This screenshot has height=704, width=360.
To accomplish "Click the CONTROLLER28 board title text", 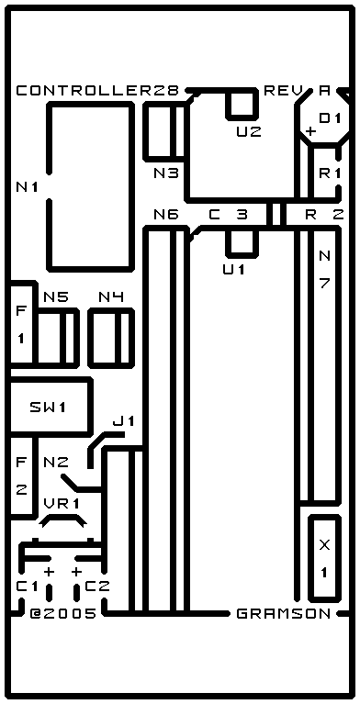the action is pyautogui.click(x=97, y=91).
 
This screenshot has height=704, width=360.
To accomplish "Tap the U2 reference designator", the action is pyautogui.click(x=249, y=132).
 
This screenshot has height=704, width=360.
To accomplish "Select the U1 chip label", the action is pyautogui.click(x=234, y=269).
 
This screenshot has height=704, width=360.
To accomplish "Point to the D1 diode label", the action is pyautogui.click(x=331, y=118).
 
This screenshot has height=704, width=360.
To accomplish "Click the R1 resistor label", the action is pyautogui.click(x=331, y=173).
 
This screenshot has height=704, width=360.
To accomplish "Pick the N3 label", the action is pyautogui.click(x=166, y=173).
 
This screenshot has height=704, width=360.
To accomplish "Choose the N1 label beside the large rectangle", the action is pyautogui.click(x=27, y=186).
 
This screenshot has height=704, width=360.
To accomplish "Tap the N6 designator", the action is pyautogui.click(x=166, y=215).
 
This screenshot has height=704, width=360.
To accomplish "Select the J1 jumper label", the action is pyautogui.click(x=124, y=421).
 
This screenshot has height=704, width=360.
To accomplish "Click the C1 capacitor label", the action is pyautogui.click(x=27, y=587).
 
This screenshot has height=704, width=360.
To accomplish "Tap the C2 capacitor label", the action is pyautogui.click(x=97, y=587).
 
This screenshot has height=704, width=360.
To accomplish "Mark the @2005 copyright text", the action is pyautogui.click(x=63, y=614).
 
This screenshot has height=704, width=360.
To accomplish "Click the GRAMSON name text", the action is pyautogui.click(x=284, y=614).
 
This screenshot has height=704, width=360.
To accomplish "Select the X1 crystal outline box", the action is pyautogui.click(x=324, y=557).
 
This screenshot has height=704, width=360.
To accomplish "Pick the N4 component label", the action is pyautogui.click(x=111, y=296).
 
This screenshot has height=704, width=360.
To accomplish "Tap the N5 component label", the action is pyautogui.click(x=56, y=296).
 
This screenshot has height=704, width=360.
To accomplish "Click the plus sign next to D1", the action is pyautogui.click(x=310, y=131).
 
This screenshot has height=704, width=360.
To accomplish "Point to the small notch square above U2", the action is pyautogui.click(x=242, y=104).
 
